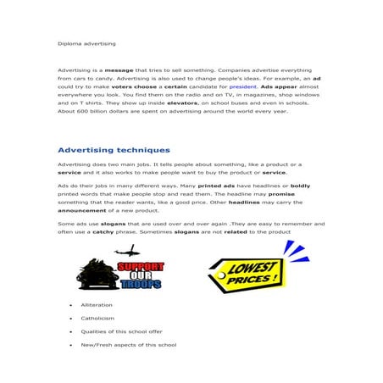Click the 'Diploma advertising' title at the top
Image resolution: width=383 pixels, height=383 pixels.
tap(86, 42)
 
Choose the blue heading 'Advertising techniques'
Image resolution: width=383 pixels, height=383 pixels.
tap(114, 149)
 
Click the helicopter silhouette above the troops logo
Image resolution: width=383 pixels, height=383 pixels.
tap(129, 252)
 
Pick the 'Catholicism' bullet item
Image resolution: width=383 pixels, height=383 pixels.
tap(97, 319)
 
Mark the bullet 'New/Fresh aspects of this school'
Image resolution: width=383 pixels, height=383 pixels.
tap(128, 346)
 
